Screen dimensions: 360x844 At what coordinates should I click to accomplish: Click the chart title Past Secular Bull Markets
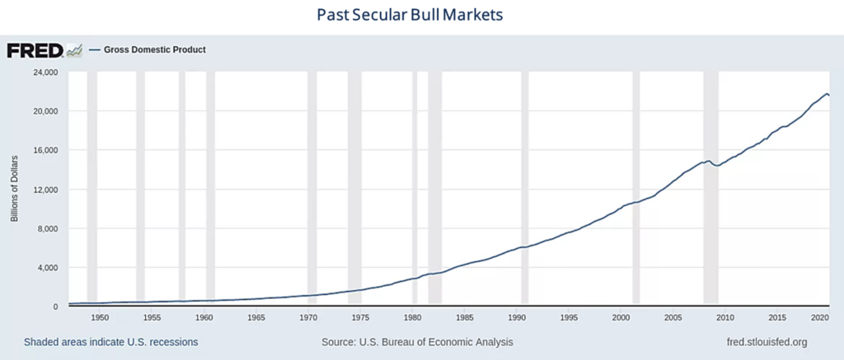click(x=409, y=16)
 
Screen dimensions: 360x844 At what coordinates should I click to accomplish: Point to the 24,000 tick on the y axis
click(x=44, y=72)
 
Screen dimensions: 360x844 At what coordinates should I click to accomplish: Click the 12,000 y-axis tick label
click(x=44, y=189)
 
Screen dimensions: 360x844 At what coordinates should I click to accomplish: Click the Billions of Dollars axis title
click(x=14, y=189)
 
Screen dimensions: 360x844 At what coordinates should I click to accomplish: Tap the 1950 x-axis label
click(x=100, y=317)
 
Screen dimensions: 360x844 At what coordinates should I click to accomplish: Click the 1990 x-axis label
click(x=517, y=317)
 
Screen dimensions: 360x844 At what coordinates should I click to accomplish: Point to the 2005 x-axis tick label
click(x=673, y=317)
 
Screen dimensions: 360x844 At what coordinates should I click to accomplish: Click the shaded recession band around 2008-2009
click(x=710, y=189)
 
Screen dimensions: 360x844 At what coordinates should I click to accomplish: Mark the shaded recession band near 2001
click(x=636, y=189)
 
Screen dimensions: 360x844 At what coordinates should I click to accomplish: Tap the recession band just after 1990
click(x=524, y=189)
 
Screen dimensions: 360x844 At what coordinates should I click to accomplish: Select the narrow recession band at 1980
click(x=415, y=189)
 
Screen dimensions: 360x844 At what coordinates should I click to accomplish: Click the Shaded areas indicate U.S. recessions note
click(x=110, y=342)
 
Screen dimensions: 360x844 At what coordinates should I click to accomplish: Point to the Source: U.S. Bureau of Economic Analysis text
click(x=417, y=342)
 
